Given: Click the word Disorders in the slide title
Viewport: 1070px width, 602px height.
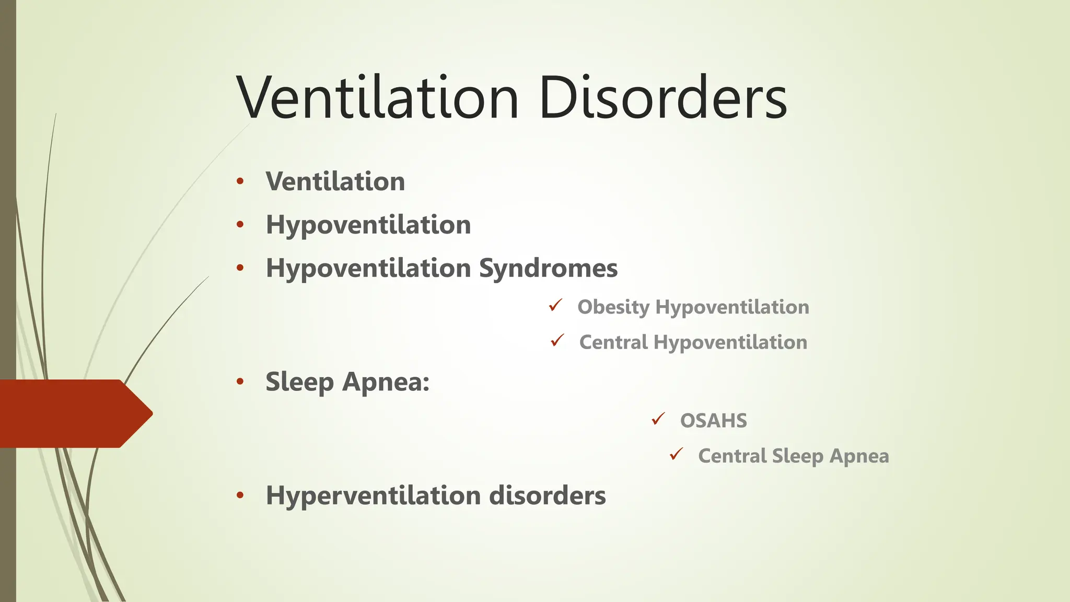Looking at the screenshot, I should (x=662, y=98).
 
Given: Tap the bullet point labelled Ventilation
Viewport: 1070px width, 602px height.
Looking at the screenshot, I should (x=335, y=182).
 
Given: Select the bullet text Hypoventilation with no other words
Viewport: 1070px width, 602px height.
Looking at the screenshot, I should (x=368, y=225).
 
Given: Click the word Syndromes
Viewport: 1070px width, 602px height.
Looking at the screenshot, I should (x=548, y=269).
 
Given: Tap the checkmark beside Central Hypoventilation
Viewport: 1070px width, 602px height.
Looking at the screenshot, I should (x=557, y=340).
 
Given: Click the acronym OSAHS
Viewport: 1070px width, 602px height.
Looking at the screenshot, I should (x=713, y=421).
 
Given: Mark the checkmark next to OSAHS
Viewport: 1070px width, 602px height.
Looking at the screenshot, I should (x=658, y=419).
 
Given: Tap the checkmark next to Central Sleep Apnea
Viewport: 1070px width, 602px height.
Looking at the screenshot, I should (x=677, y=454).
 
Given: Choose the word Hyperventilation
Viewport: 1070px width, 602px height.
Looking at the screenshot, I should (x=373, y=495).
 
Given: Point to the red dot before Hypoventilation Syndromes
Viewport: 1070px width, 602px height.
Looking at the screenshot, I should (x=240, y=268).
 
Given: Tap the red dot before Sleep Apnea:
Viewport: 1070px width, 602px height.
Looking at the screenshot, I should (x=240, y=381).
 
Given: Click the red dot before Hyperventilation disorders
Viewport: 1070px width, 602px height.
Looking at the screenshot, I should (x=240, y=495).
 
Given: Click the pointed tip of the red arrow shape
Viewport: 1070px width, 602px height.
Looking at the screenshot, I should (x=151, y=413).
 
